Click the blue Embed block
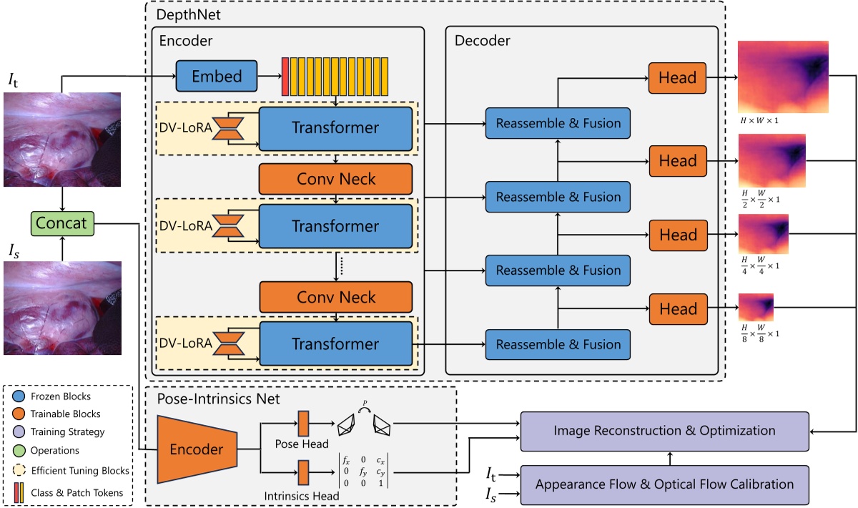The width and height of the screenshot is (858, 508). point(216,75)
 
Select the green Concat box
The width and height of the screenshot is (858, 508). point(63,223)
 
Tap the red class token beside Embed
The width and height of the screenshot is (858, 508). point(285,75)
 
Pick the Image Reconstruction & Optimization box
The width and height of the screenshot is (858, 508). point(664,431)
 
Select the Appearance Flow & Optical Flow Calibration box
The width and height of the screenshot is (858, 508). point(664,484)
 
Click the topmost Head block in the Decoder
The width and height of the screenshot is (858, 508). point(677,78)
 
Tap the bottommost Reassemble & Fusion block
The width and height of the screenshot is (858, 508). point(558,344)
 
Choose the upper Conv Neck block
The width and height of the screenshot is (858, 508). point(335,179)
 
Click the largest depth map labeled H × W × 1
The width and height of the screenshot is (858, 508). point(782,77)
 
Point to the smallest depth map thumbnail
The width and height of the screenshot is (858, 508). point(756,308)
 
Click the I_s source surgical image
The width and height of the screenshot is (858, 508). point(63,308)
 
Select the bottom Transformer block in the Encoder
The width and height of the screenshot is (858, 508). point(335,344)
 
